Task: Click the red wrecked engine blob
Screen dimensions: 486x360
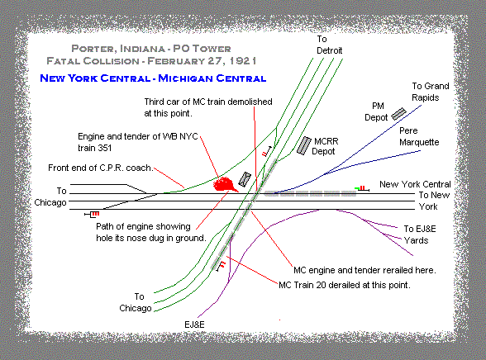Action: click(x=224, y=184)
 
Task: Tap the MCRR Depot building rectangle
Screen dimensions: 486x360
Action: click(x=304, y=146)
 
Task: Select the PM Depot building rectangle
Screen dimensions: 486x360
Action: click(x=398, y=114)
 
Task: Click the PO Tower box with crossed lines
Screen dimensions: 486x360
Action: click(x=245, y=179)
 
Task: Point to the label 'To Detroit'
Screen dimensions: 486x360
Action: click(x=329, y=45)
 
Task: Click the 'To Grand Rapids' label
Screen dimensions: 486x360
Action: click(x=430, y=92)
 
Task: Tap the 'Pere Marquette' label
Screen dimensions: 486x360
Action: click(x=419, y=136)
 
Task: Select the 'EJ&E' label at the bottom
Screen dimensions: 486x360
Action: click(x=194, y=324)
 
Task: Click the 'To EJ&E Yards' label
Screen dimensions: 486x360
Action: click(x=420, y=234)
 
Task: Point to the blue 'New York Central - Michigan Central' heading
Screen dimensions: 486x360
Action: click(x=153, y=78)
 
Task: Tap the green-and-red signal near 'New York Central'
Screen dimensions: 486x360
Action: click(x=362, y=188)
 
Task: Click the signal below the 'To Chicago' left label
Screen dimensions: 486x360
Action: click(x=92, y=214)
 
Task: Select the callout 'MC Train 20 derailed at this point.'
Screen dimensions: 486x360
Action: click(x=345, y=285)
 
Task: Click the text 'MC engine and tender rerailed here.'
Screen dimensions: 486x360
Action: click(x=364, y=270)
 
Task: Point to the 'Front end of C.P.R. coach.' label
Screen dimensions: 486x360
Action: click(x=101, y=168)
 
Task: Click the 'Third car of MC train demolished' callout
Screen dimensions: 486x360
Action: click(x=208, y=102)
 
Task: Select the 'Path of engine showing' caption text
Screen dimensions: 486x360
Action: click(x=143, y=226)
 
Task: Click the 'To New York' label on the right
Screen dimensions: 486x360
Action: click(x=434, y=201)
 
